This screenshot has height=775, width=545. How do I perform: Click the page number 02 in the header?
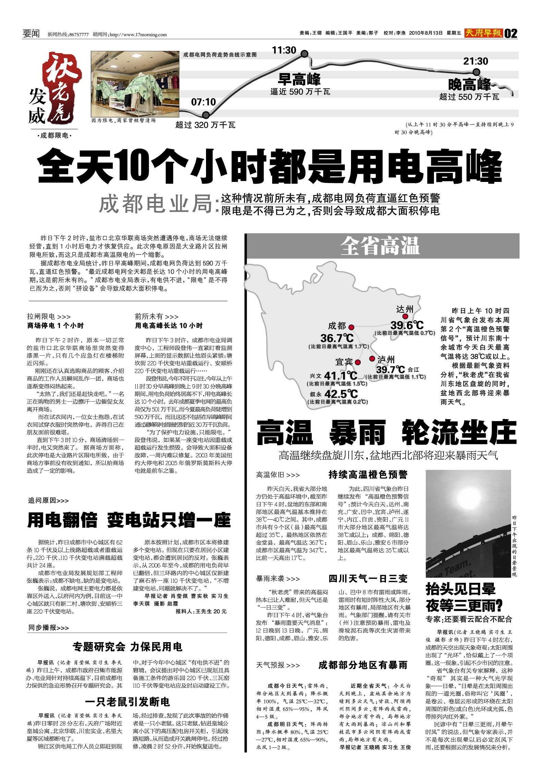click(x=511, y=34)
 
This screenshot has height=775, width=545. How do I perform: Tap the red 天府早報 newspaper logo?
click(x=484, y=33)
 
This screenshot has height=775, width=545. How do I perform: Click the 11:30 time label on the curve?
click(x=284, y=51)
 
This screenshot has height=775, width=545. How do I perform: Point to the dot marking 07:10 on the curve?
click(x=206, y=115)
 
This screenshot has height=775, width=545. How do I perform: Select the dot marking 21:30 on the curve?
click(x=476, y=72)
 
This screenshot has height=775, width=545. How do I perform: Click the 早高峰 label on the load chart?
click(x=299, y=80)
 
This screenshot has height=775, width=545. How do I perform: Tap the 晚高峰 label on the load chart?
click(x=469, y=84)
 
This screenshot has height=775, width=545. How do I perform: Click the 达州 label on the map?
click(x=405, y=309)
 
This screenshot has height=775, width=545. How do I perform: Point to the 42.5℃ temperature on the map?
click(x=341, y=394)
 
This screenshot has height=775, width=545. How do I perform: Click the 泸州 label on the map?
click(x=386, y=359)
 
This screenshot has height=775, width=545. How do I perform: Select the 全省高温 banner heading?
click(x=380, y=246)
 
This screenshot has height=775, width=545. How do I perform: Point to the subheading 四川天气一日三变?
click(x=368, y=579)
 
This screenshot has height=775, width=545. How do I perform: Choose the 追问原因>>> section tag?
click(x=48, y=501)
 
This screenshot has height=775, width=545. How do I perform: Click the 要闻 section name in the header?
click(x=31, y=34)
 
